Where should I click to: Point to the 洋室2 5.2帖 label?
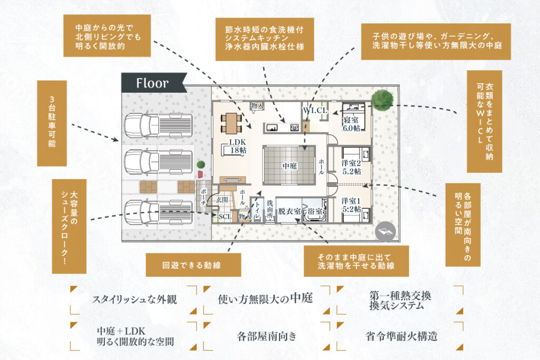pyautogui.click(x=351, y=167)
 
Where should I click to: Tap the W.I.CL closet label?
pyautogui.click(x=315, y=111)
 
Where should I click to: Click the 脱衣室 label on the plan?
pyautogui.click(x=290, y=211)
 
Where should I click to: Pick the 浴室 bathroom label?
pyautogui.click(x=316, y=211)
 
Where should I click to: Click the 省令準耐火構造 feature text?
pyautogui.click(x=401, y=336)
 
